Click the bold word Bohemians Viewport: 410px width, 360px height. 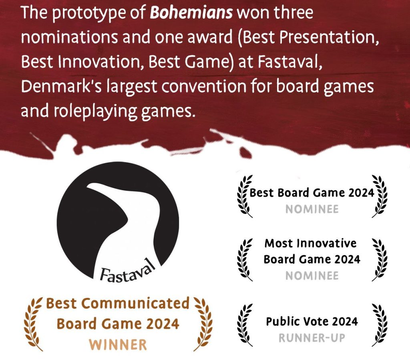(x=191, y=12)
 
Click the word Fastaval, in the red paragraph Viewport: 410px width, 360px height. (x=290, y=62)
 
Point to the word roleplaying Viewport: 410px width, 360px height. (x=95, y=111)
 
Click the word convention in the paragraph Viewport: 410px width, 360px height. (x=204, y=86)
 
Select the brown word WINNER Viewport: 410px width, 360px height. (x=118, y=344)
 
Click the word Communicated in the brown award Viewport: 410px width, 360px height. (x=135, y=304)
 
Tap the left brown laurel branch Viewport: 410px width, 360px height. (x=33, y=324)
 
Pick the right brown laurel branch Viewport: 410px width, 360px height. (x=203, y=324)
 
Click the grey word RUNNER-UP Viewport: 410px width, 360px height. (x=312, y=338)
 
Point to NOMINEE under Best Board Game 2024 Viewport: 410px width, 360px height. (x=312, y=209)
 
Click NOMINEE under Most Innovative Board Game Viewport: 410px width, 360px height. (x=312, y=276)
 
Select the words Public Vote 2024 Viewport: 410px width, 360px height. (x=312, y=321)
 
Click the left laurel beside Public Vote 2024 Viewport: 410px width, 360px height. (x=244, y=325)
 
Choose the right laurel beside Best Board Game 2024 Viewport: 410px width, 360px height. (x=379, y=196)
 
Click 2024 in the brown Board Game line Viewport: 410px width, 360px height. (x=163, y=324)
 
